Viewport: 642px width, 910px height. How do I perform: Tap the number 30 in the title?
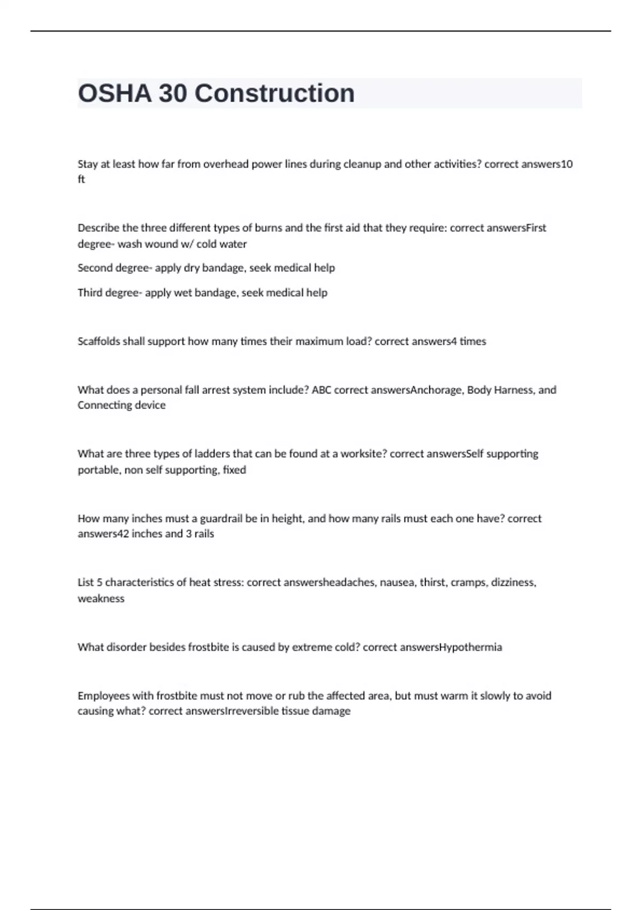(173, 94)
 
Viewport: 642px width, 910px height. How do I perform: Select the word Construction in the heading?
(274, 94)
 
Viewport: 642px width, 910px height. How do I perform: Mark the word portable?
(99, 470)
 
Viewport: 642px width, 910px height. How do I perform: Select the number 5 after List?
(100, 582)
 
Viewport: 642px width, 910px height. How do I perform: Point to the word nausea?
(398, 582)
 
